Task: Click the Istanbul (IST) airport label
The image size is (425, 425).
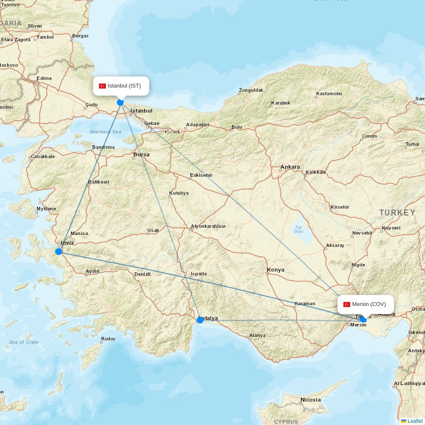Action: (121, 86)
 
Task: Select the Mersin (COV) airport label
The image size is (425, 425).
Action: (366, 304)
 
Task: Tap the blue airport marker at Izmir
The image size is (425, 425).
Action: (59, 252)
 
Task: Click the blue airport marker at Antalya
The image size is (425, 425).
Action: (200, 320)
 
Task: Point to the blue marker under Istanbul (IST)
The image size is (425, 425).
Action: (120, 102)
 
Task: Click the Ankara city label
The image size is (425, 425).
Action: (290, 167)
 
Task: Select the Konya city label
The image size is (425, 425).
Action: (275, 270)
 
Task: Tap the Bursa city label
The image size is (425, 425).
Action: (141, 155)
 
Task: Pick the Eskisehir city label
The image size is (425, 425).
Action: (201, 175)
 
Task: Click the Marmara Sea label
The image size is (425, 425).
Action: (105, 132)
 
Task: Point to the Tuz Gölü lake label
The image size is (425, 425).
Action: (298, 229)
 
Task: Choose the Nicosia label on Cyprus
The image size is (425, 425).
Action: (310, 399)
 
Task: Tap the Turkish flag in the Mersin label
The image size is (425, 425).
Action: (347, 304)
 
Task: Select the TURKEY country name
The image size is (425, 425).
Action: (397, 212)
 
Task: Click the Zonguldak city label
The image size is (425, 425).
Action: (251, 90)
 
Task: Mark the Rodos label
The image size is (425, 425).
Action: (108, 339)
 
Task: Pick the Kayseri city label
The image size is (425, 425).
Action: (391, 228)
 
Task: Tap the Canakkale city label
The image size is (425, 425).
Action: (42, 156)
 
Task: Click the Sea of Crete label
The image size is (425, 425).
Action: (24, 342)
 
